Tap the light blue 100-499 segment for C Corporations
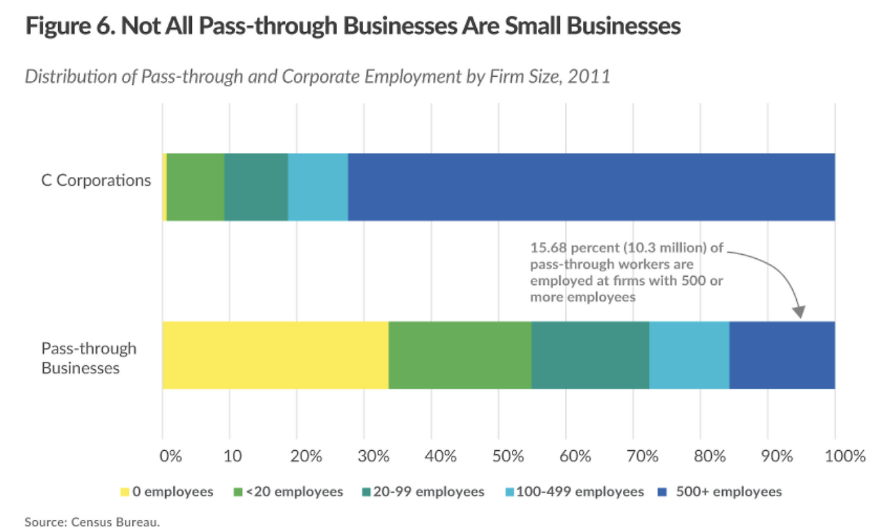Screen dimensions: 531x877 (318, 187)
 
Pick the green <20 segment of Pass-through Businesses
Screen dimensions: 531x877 (460, 355)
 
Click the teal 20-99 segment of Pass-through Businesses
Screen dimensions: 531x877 (590, 355)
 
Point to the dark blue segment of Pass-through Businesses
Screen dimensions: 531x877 (782, 355)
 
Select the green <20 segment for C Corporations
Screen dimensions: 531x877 (195, 187)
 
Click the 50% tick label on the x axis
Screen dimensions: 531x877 (498, 456)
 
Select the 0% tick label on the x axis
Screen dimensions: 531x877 (170, 456)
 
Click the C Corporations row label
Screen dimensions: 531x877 (95, 181)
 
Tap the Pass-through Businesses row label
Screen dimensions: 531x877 (88, 358)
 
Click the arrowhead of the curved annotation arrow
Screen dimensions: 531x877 (799, 312)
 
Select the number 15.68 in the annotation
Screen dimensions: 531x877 (547, 248)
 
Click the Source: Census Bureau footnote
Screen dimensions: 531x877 (92, 523)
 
